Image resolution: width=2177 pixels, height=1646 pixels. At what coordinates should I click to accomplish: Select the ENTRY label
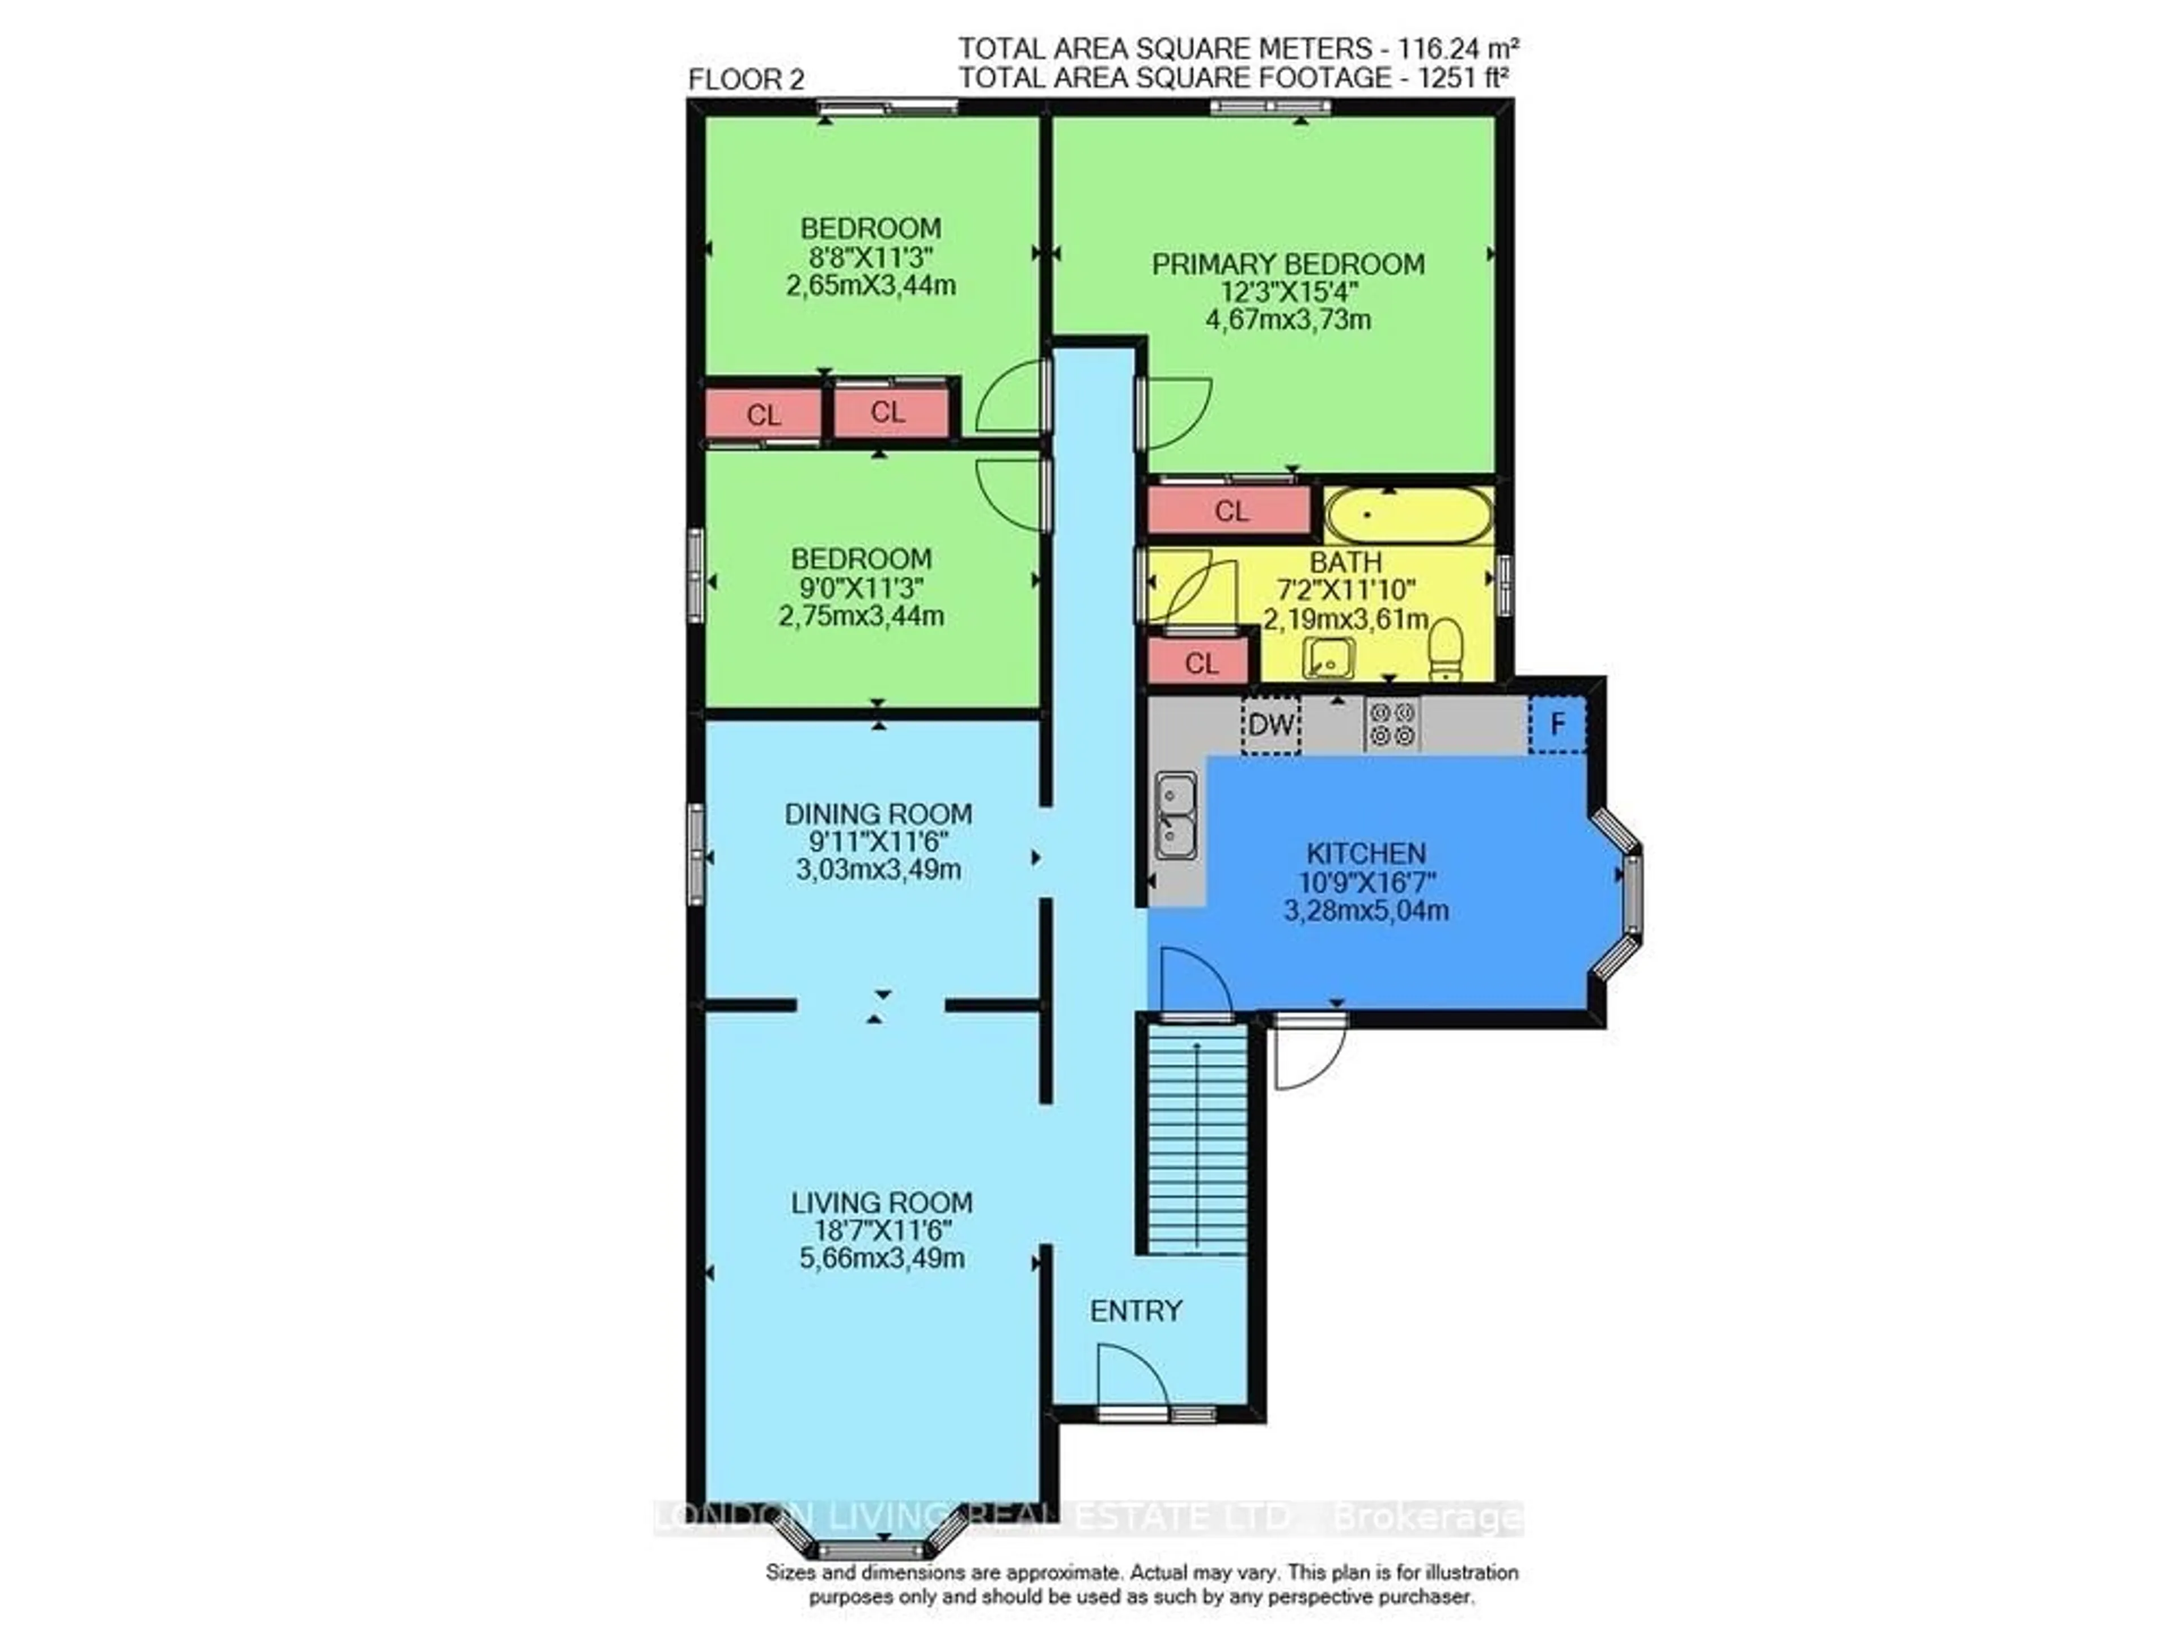point(1136,1310)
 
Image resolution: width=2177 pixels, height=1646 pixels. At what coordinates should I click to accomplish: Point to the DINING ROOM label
point(878,814)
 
